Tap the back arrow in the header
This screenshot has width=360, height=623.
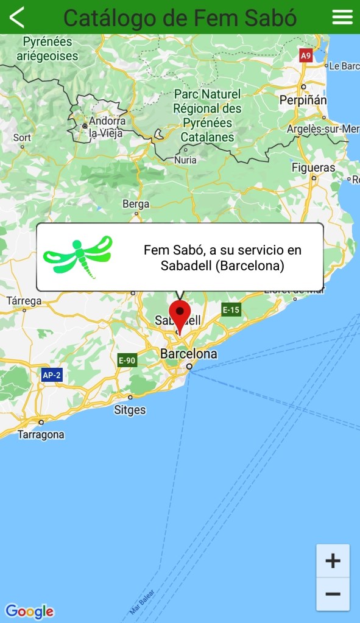[17, 17]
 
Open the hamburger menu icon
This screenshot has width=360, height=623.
[342, 17]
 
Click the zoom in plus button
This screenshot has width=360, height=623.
[333, 561]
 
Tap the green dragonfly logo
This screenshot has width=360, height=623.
[77, 256]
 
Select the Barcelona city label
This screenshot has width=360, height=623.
[188, 354]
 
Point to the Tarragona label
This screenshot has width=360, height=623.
[41, 435]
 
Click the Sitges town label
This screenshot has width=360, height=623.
[130, 410]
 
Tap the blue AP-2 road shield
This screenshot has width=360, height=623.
[52, 375]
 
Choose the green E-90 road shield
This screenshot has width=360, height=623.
[127, 361]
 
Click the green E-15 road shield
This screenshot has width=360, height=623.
[231, 310]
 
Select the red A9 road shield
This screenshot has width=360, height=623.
[306, 56]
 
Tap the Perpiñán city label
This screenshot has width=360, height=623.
[303, 100]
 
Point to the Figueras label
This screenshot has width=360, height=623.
[313, 167]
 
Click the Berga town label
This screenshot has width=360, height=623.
[136, 204]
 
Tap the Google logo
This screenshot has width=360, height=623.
[29, 611]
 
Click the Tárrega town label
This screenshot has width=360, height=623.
[24, 301]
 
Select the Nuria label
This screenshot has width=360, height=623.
[185, 160]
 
